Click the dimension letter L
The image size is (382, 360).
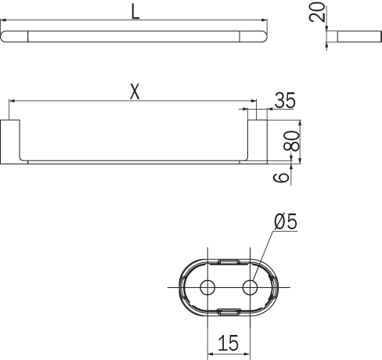point(135,12)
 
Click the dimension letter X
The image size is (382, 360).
point(135,92)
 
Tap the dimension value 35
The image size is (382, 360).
point(285,100)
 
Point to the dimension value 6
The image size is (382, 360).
point(281,178)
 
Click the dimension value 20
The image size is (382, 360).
point(317,12)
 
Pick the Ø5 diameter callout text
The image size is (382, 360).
point(286,221)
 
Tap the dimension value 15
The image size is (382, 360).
point(229,343)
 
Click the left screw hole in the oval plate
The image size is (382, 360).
point(207,287)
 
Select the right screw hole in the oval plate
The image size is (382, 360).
point(250,287)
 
